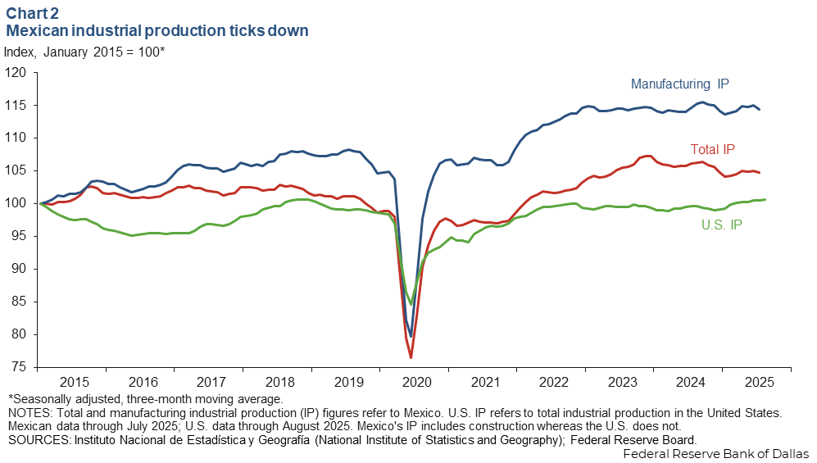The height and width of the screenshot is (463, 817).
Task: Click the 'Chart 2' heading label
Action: coord(34,14)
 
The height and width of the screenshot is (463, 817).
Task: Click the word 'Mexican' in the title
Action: coord(37,31)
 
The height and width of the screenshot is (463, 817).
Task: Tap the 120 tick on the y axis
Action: coord(16,73)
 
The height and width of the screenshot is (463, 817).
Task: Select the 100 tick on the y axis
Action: coord(16,203)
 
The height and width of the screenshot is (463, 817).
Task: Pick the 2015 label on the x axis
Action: coord(75,383)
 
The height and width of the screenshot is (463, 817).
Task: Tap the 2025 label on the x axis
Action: coord(758,383)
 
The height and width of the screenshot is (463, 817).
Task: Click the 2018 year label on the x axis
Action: coord(280,383)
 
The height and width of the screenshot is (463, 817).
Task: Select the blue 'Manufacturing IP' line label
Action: coord(679,84)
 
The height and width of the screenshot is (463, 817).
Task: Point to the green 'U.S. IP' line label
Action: coord(721,225)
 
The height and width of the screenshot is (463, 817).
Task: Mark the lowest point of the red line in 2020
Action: coord(411,358)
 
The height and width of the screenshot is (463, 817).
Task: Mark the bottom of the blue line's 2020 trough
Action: coord(411,337)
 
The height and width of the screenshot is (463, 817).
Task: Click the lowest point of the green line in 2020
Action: coord(411,305)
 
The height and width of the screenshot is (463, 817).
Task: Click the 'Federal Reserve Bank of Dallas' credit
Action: coord(716,453)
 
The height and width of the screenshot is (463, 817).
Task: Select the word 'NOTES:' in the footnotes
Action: coord(28,413)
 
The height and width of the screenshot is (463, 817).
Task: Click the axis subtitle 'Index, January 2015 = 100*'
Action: coord(84,51)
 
